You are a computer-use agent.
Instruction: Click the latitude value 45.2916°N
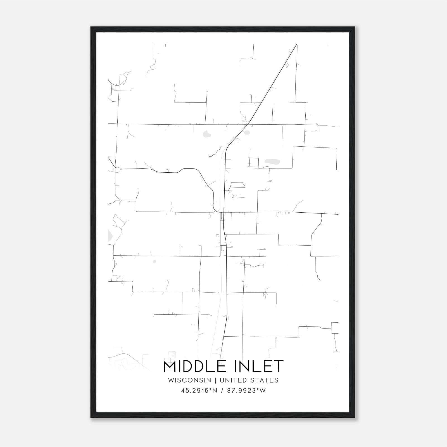[199, 391]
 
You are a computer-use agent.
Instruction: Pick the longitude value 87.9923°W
[246, 391]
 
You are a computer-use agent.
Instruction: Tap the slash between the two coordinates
[222, 391]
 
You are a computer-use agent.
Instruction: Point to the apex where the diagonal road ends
[296, 44]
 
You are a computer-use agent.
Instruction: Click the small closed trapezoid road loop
[237, 185]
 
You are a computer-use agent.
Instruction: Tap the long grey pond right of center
[272, 161]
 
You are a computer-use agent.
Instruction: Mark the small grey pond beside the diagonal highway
[247, 133]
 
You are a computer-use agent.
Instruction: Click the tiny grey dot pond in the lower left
[154, 261]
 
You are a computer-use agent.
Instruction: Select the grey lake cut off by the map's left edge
[110, 235]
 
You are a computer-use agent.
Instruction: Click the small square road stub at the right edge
[335, 328]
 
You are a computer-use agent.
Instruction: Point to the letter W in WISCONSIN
[171, 380]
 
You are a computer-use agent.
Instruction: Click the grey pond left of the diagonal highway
[207, 134]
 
